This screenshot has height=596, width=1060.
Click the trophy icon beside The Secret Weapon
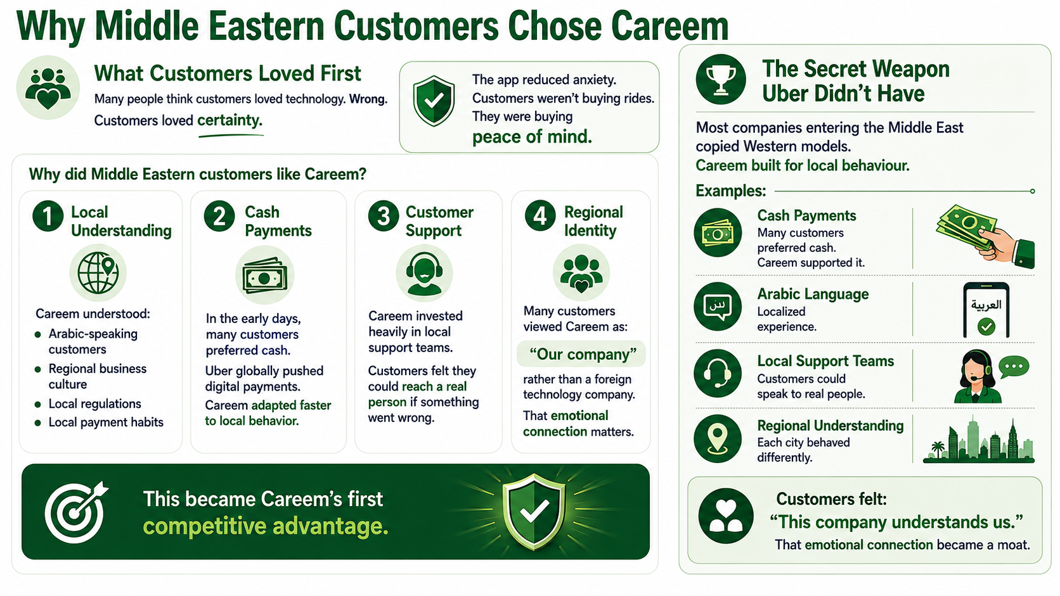tap(721, 79)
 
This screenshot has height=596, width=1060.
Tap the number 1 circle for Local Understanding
tap(48, 217)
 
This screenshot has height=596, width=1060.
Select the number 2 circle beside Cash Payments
tap(219, 217)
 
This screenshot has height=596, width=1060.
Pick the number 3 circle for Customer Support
tap(384, 217)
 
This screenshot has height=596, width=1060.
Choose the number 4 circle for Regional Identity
tap(540, 217)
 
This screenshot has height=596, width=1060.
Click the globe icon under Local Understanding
tap(98, 273)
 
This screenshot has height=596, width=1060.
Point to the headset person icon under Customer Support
tap(425, 274)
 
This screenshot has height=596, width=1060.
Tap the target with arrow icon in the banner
tap(75, 512)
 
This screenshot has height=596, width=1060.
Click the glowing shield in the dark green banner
tap(534, 512)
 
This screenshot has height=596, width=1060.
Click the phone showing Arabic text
tap(986, 310)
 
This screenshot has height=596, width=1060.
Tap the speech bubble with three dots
tap(1014, 367)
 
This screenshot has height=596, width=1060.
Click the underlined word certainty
tap(229, 120)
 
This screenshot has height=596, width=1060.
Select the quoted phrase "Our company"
tap(583, 354)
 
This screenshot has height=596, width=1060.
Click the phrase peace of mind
tap(532, 137)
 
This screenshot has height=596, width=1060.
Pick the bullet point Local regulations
tap(94, 403)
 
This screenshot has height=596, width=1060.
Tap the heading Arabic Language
tap(813, 294)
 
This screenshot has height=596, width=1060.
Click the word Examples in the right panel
tap(730, 191)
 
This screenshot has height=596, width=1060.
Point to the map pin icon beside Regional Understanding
tap(718, 439)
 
